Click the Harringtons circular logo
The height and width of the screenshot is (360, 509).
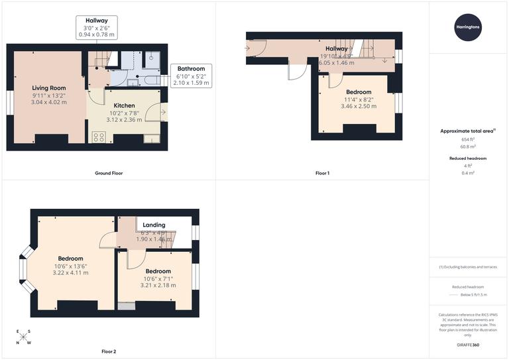pyautogui.click(x=468, y=27)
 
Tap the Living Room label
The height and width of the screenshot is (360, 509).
pyautogui.click(x=49, y=88)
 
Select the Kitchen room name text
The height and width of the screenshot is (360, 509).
pyautogui.click(x=124, y=105)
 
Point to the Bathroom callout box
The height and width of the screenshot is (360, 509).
pyautogui.click(x=190, y=76)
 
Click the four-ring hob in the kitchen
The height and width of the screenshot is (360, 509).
pyautogui.click(x=99, y=138)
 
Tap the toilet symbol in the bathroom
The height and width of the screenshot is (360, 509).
pyautogui.click(x=152, y=58)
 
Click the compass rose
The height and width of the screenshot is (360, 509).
pyautogui.click(x=23, y=337)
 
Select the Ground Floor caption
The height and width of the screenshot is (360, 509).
pyautogui.click(x=108, y=173)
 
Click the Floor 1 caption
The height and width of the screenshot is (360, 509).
pyautogui.click(x=322, y=173)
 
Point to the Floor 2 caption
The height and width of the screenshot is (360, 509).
pyautogui.click(x=108, y=351)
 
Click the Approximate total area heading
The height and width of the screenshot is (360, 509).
pyautogui.click(x=468, y=131)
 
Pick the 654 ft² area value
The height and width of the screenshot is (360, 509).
pyautogui.click(x=468, y=140)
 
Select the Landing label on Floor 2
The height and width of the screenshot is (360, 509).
pyautogui.click(x=154, y=225)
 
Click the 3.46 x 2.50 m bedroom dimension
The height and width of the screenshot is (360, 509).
pyautogui.click(x=358, y=106)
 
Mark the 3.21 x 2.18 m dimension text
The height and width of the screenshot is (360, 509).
pyautogui.click(x=158, y=285)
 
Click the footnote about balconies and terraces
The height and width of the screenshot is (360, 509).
pyautogui.click(x=468, y=267)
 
